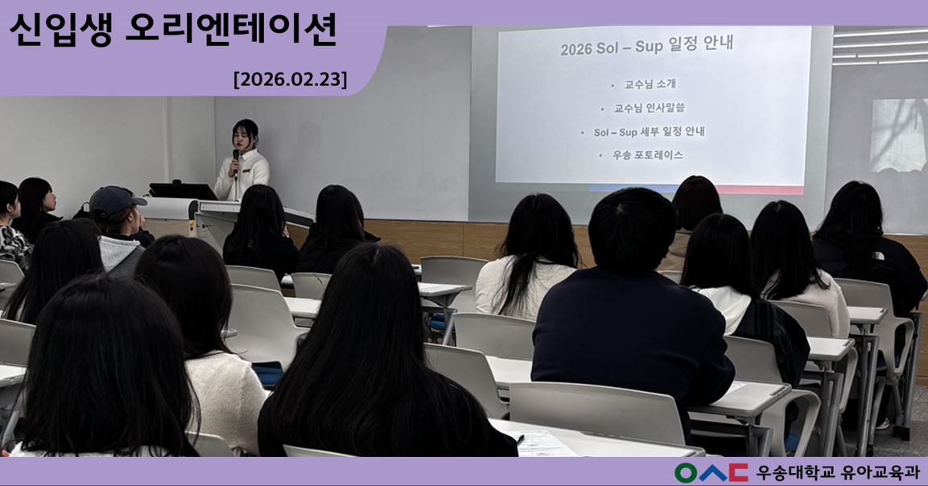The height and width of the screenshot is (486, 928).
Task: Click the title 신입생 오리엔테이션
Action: coord(172,31)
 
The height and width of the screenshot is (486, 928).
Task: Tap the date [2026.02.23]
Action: coord(290,79)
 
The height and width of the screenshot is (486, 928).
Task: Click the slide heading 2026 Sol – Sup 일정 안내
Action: coord(646,47)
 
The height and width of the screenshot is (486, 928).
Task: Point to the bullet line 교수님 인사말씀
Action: coord(649,108)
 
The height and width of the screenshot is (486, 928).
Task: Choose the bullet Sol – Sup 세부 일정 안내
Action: coord(649,132)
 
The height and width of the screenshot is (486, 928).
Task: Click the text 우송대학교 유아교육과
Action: coord(837,472)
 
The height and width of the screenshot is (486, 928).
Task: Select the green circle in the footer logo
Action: coord(686,472)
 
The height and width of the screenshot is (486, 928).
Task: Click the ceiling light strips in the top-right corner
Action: coord(879,46)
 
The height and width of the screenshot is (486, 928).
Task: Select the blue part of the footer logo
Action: coord(712,472)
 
